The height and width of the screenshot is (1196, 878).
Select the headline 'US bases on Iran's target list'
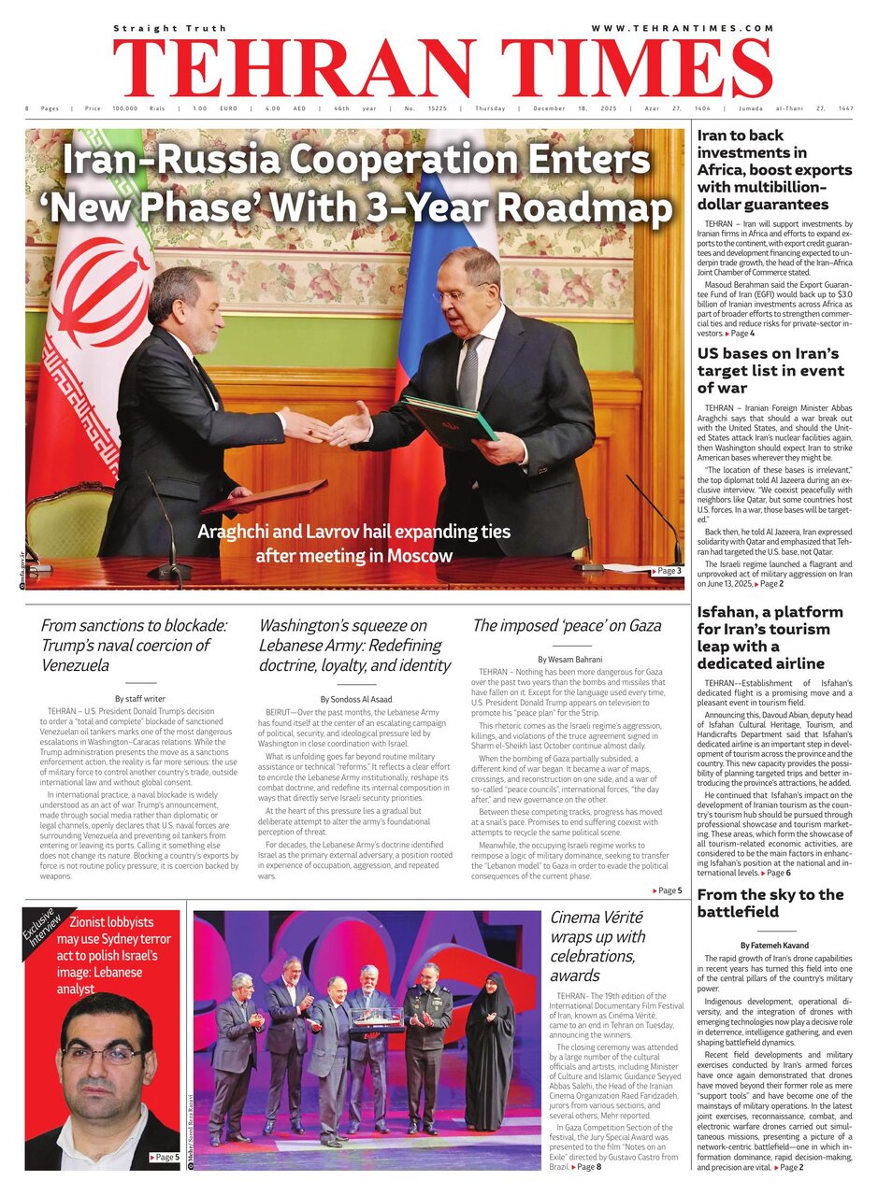[770, 370]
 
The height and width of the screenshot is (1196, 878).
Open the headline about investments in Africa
[774, 169]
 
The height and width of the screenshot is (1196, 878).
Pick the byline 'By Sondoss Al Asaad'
[356, 698]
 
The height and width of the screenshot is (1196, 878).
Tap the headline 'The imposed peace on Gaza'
[567, 626]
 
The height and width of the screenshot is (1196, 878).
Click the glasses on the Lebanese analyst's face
[103, 1055]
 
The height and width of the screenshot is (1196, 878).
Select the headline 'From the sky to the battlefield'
[770, 903]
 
